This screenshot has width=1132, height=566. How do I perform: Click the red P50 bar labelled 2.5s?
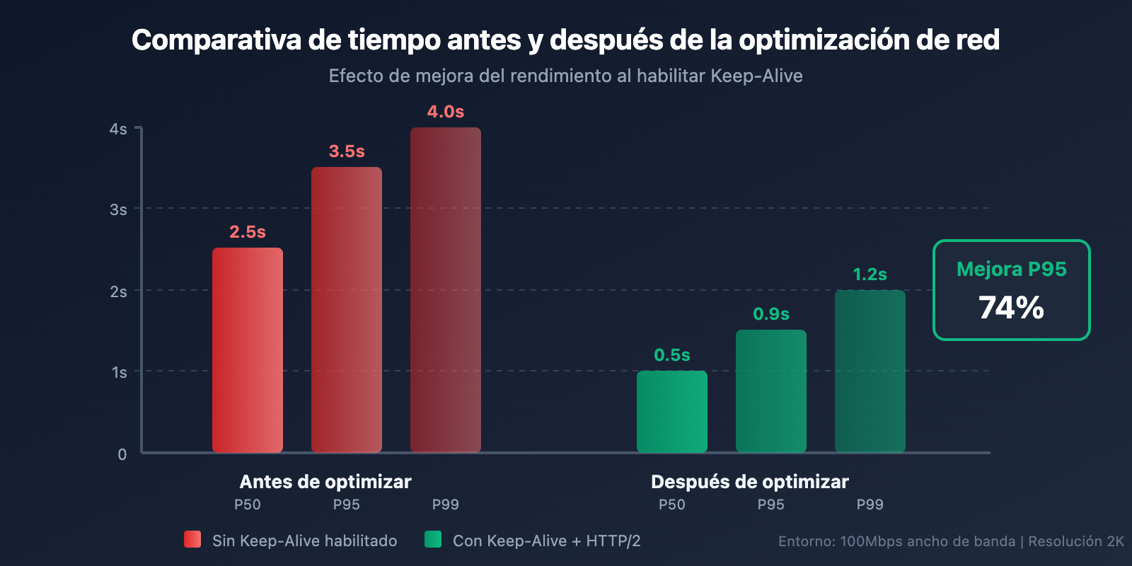248,350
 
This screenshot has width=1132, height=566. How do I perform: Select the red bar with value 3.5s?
347,310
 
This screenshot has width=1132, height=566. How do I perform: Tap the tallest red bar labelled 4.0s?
446,290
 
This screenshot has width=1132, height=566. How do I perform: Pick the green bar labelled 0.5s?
672,412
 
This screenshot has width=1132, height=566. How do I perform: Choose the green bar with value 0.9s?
771,391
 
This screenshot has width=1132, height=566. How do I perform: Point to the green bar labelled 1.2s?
870,371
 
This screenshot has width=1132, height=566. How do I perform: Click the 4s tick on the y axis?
118,129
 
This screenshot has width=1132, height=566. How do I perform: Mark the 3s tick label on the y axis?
118,210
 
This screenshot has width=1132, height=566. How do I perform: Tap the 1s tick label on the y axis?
119,373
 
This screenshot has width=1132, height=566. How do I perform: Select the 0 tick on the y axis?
122,454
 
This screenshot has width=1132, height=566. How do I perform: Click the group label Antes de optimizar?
325,482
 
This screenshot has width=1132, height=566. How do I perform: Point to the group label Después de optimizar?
750,482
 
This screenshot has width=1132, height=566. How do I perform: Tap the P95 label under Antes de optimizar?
347,504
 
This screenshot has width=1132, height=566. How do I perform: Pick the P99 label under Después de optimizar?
870,504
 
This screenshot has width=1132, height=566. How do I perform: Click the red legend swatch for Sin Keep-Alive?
192,539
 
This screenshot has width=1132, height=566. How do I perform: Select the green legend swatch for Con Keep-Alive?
433,539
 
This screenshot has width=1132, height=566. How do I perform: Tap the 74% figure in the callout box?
1012,308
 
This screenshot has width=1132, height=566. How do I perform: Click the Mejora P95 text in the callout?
1012,270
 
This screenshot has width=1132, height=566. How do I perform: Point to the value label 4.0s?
446,112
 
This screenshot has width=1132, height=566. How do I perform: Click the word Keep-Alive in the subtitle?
756,76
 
